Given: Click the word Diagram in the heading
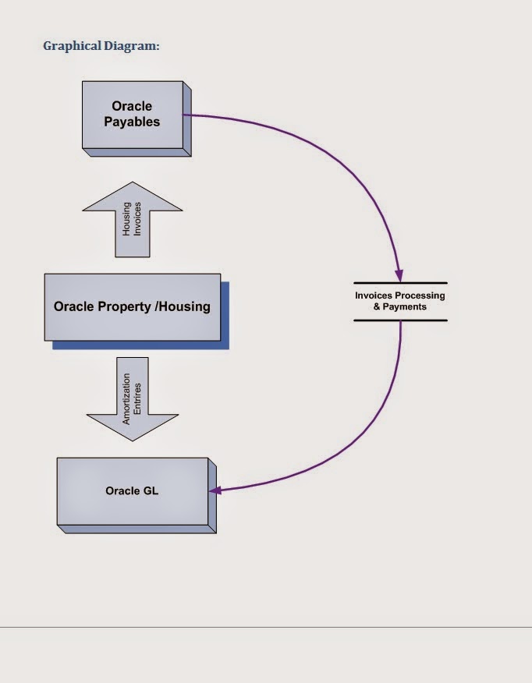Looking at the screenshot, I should coord(131,46).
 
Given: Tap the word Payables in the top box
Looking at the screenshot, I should coord(132,122).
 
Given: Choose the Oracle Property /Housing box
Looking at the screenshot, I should coord(132,306).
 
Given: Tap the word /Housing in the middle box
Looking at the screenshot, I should coord(183,306).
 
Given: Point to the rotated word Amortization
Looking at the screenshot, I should coord(126,398).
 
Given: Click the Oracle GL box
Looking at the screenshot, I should coord(132,491).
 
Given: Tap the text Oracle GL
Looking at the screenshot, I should coord(132,491).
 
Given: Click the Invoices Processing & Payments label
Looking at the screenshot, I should coord(400,301).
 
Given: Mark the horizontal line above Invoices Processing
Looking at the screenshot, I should coord(400,282).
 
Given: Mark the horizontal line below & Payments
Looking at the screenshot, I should coord(400,320).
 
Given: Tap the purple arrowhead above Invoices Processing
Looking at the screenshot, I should coord(399,275).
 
